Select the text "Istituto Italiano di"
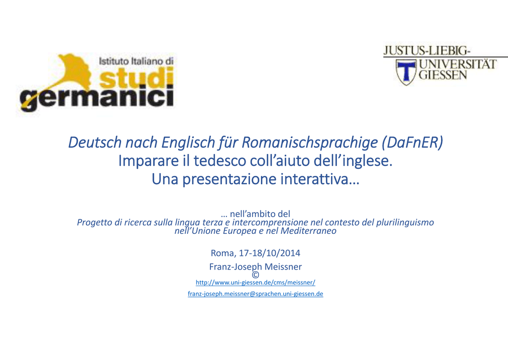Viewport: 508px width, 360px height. point(136,61)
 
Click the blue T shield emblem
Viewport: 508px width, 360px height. point(406,72)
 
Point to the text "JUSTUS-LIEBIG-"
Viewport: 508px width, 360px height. point(426,51)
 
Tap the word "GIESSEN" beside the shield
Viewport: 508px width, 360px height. point(443,75)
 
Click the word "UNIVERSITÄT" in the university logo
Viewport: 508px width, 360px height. point(457,64)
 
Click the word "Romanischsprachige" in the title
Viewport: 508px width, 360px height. point(310,143)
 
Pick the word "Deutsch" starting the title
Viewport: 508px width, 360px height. point(95,143)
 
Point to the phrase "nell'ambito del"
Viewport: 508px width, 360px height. point(260,214)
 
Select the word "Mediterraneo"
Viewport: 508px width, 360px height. point(309,231)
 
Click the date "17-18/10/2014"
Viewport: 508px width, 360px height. point(269,253)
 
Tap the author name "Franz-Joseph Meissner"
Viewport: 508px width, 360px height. point(255,267)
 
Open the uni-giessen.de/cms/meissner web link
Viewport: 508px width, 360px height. point(255,283)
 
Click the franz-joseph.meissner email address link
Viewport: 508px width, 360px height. point(255,294)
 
